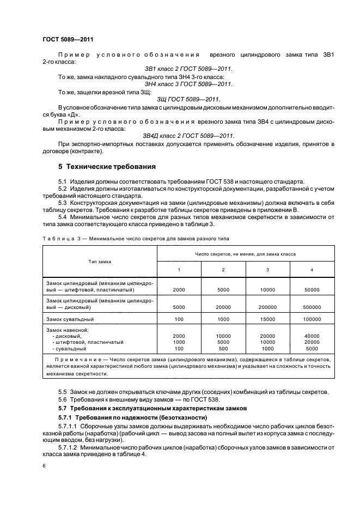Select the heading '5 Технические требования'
[x=107, y=166]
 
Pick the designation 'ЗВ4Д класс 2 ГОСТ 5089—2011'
[x=188, y=136]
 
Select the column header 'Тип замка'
[x=100, y=262]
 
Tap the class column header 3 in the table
[x=267, y=270]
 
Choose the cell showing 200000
[x=267, y=307]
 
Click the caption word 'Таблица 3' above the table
[x=58, y=239]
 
